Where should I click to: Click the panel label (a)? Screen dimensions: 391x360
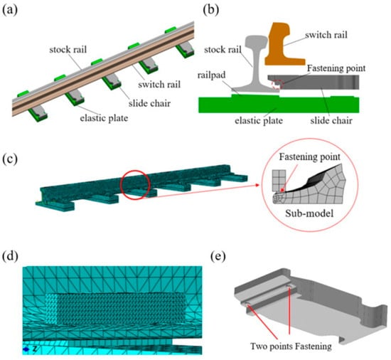coord(10,10)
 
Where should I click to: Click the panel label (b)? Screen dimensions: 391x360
coord(211,10)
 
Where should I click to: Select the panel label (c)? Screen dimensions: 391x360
coord(10,159)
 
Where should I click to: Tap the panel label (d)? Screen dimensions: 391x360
coord(10,256)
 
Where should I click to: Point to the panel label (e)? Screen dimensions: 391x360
coord(218,256)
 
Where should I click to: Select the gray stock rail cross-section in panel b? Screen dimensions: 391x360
coord(257,65)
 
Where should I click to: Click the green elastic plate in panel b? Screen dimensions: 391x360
coord(279,105)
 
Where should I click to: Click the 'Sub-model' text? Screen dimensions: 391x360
coord(309,213)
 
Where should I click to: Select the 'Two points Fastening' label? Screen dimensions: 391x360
coord(291,346)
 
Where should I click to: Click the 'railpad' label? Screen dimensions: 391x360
coord(211,75)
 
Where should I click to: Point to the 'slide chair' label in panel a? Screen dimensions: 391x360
coord(149,103)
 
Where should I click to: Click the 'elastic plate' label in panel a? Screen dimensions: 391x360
coord(104,118)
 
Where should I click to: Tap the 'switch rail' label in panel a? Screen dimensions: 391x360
coord(159,85)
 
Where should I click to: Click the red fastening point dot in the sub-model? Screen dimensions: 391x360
coord(282,190)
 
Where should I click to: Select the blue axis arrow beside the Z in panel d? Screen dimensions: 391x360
coord(26,349)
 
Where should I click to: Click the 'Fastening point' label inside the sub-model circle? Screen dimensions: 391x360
coord(309,157)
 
